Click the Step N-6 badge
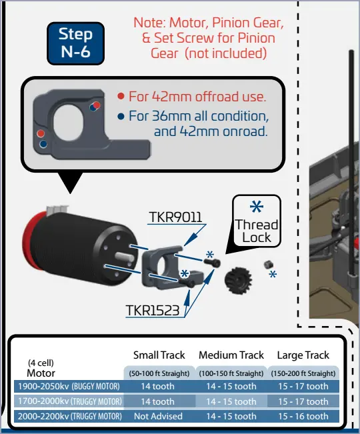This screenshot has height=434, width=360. [75, 43]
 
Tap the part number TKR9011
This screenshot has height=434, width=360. [176, 217]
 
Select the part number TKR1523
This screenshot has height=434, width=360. [153, 310]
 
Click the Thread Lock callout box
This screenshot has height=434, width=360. [257, 221]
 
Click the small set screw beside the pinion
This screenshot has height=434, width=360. [268, 265]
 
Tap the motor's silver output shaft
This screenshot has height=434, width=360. [125, 257]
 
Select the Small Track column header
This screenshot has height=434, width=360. [159, 355]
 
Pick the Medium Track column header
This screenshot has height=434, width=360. [231, 355]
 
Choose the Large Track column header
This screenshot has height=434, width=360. [303, 355]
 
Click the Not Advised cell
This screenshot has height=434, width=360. [158, 416]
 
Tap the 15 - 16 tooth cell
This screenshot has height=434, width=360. [303, 416]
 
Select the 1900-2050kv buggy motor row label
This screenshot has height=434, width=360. [69, 386]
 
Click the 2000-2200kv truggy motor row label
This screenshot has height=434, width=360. [70, 416]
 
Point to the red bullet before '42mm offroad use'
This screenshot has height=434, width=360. [121, 96]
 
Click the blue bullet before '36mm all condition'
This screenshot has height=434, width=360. [121, 116]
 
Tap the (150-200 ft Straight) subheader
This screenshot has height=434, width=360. [303, 373]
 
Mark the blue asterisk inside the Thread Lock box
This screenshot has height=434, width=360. [257, 207]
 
